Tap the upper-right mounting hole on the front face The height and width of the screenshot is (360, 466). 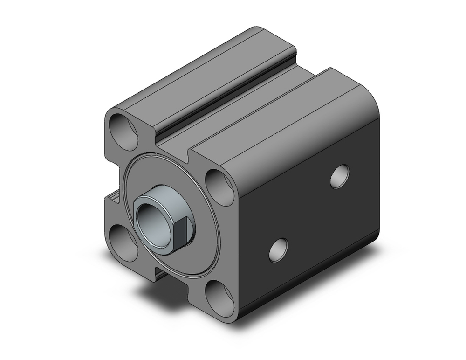(220, 187)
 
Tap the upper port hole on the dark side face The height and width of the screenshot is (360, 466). (339, 176)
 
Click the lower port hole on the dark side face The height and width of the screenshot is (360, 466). (278, 250)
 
